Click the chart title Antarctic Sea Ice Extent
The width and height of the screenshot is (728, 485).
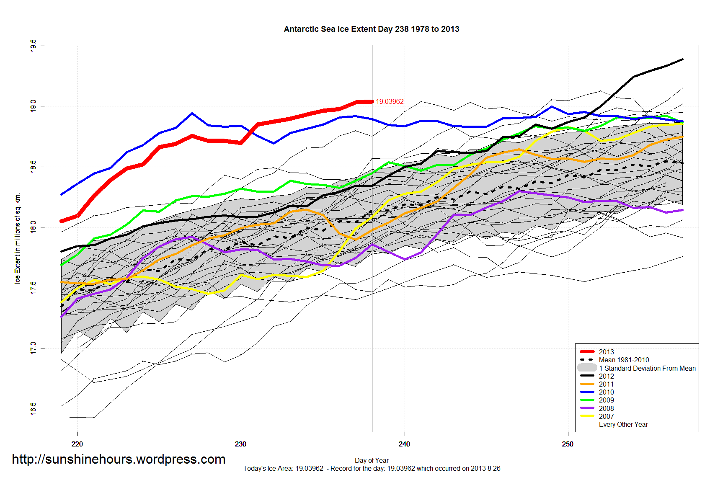click(372, 29)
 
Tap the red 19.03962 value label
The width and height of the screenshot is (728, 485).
click(390, 102)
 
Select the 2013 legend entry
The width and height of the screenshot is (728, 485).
click(606, 352)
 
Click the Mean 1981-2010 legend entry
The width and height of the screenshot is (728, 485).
click(624, 360)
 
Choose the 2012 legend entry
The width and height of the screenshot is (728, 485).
click(606, 376)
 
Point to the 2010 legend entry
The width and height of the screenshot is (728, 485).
click(606, 392)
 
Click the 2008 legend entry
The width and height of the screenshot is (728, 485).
click(606, 408)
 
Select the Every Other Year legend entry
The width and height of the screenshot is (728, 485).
click(623, 424)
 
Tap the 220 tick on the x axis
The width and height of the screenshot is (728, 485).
click(77, 444)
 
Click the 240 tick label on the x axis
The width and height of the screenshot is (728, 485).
click(404, 444)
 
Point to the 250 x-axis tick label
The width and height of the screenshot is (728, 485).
click(568, 444)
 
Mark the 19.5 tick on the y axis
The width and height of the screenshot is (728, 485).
click(33, 46)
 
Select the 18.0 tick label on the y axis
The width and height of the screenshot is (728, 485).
click(33, 227)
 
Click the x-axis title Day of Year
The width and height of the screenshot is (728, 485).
click(372, 460)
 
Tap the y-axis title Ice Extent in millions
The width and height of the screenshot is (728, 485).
click(18, 238)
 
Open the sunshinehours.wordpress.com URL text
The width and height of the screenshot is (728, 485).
click(119, 459)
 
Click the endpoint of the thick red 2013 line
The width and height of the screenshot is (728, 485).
click(372, 101)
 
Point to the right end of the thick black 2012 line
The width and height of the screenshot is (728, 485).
click(682, 59)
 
